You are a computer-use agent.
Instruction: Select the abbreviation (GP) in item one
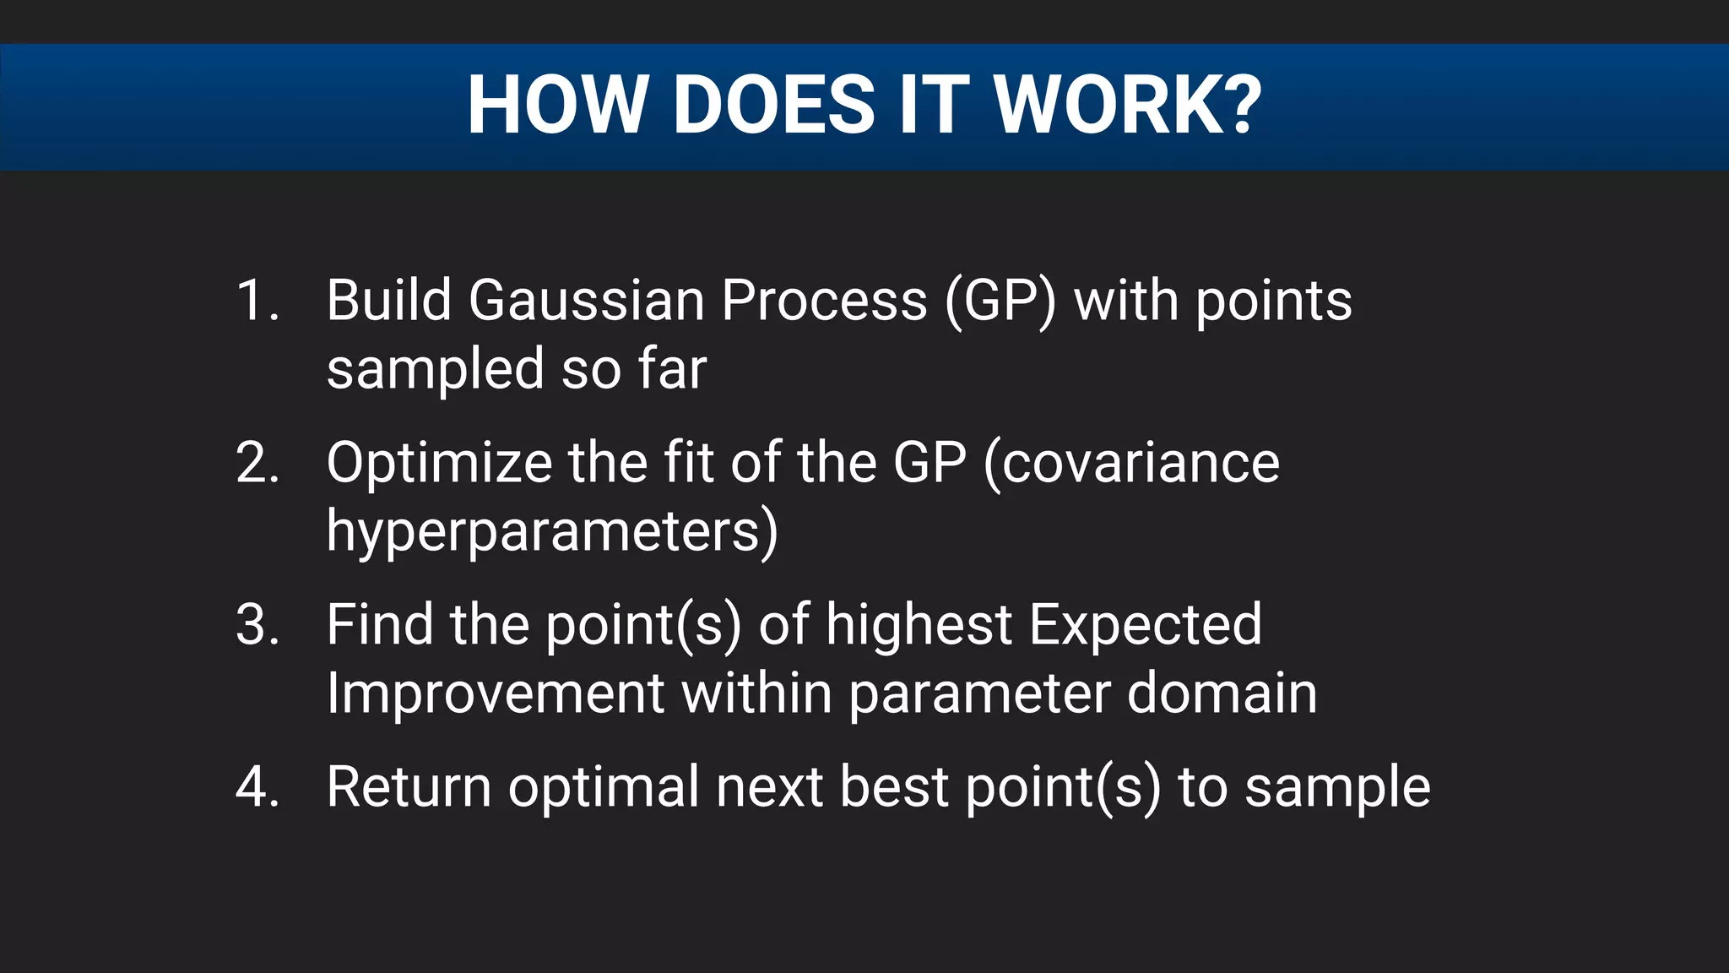pyautogui.click(x=1000, y=302)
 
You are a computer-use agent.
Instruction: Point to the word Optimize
pyautogui.click(x=438, y=465)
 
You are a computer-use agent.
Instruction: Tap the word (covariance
pyautogui.click(x=1131, y=465)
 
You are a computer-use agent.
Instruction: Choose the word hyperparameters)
pyautogui.click(x=552, y=532)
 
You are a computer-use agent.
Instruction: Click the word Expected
pyautogui.click(x=1145, y=627)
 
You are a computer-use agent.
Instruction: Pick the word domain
pyautogui.click(x=1222, y=693)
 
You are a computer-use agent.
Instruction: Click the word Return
pyautogui.click(x=409, y=787)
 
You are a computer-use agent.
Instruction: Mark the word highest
pyautogui.click(x=919, y=627)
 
